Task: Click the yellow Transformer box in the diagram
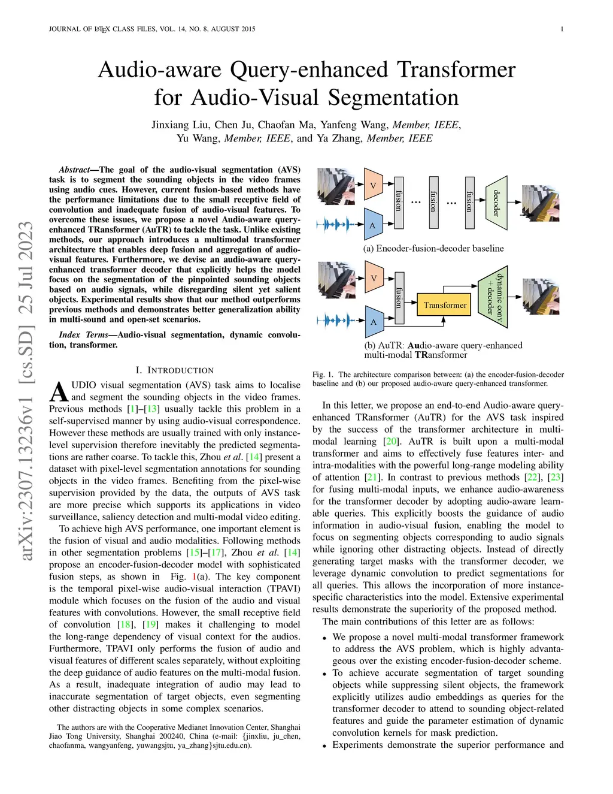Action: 445,305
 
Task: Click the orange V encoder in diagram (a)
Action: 373,186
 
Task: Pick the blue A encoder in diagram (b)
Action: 374,322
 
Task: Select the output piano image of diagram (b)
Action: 541,297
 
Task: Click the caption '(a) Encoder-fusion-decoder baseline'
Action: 433,248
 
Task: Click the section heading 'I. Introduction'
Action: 175,370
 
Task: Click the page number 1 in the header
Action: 562,29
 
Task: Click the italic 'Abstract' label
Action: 74,170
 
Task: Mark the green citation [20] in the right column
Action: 390,441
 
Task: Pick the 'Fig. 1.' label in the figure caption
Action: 323,375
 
